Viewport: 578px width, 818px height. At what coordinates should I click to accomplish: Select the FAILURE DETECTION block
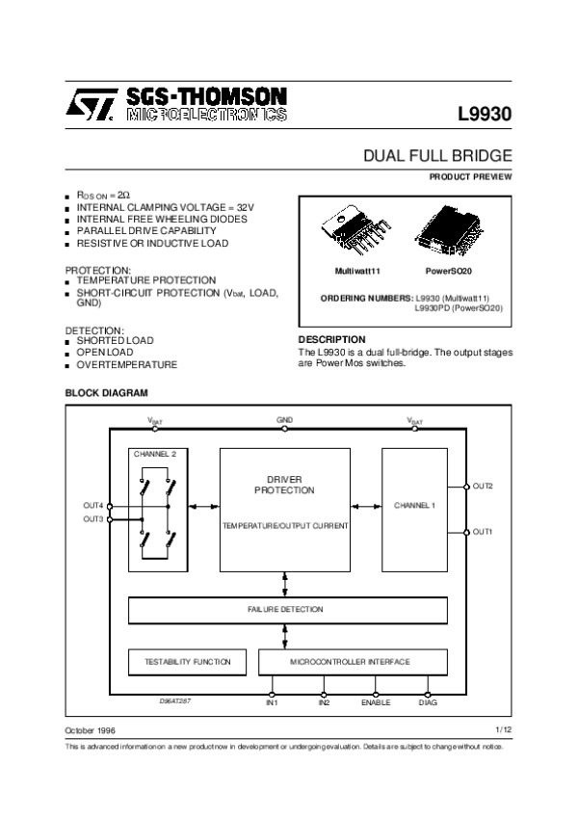pos(287,610)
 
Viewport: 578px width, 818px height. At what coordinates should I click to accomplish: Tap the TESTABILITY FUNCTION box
pos(188,662)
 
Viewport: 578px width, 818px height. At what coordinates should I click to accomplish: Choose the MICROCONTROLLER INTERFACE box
pos(352,662)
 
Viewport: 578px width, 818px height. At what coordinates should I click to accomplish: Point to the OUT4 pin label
pos(92,505)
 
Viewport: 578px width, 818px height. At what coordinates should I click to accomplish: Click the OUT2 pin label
pos(483,486)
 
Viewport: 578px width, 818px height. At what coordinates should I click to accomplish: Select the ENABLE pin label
pos(375,703)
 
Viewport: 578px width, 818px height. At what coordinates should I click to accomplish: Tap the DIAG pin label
pos(428,703)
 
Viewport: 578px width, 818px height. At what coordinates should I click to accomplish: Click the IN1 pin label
pos(272,703)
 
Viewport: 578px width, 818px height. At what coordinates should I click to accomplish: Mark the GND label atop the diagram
pos(285,421)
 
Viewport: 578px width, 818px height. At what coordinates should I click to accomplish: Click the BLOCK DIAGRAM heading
pos(106,393)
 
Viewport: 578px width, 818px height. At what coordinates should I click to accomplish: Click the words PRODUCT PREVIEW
pos(470,176)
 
